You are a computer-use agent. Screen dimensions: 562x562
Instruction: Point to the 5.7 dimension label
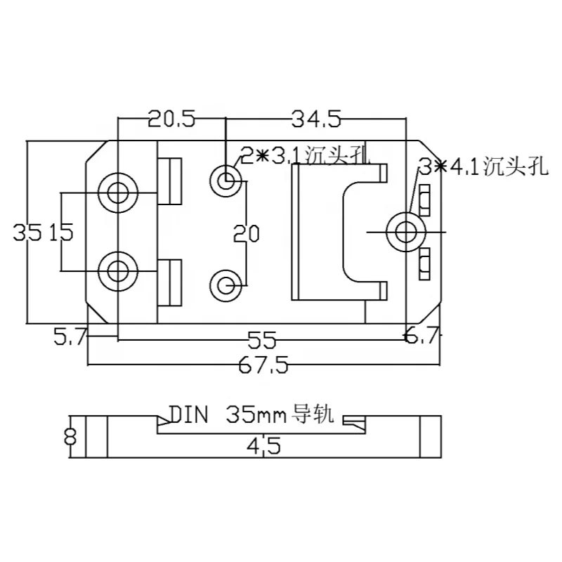[70, 338]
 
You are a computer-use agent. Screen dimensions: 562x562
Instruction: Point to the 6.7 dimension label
[421, 338]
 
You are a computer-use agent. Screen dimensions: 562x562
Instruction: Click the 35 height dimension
[27, 233]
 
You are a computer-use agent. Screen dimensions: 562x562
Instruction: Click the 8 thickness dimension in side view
[69, 437]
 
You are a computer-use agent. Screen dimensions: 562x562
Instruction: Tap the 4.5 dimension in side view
[263, 445]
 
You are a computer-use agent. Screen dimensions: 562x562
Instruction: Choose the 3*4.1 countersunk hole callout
[481, 167]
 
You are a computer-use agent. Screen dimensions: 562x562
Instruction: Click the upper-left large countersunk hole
[117, 190]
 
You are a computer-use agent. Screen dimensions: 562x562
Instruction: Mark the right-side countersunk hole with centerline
[405, 230]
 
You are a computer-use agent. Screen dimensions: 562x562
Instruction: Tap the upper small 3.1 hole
[226, 181]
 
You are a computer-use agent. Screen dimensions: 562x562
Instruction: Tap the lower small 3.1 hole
[226, 285]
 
